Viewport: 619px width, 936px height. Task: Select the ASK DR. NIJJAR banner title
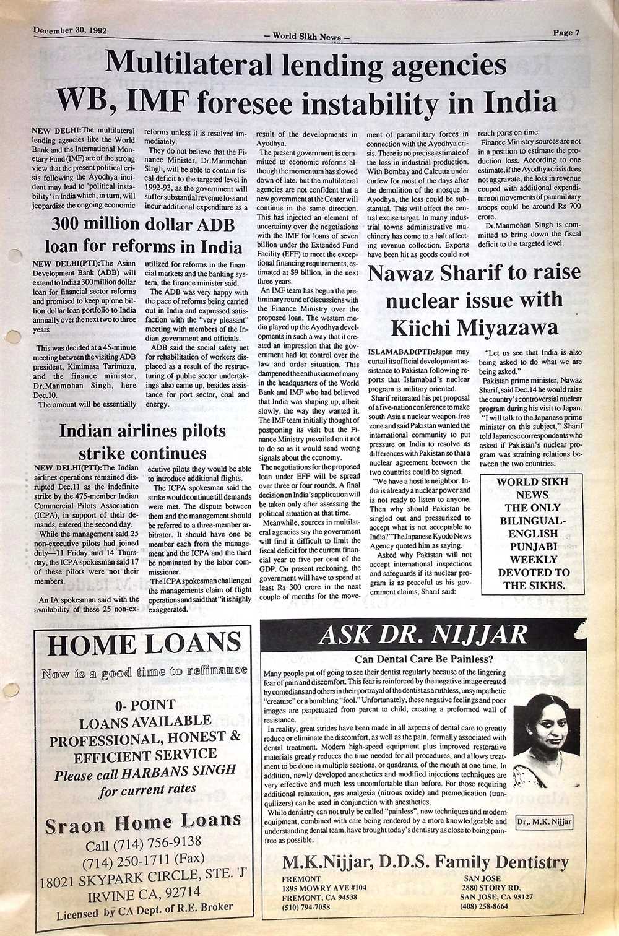tap(424, 635)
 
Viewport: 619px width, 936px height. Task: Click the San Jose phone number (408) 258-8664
tap(484, 906)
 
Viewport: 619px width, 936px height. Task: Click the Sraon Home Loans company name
tap(143, 823)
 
